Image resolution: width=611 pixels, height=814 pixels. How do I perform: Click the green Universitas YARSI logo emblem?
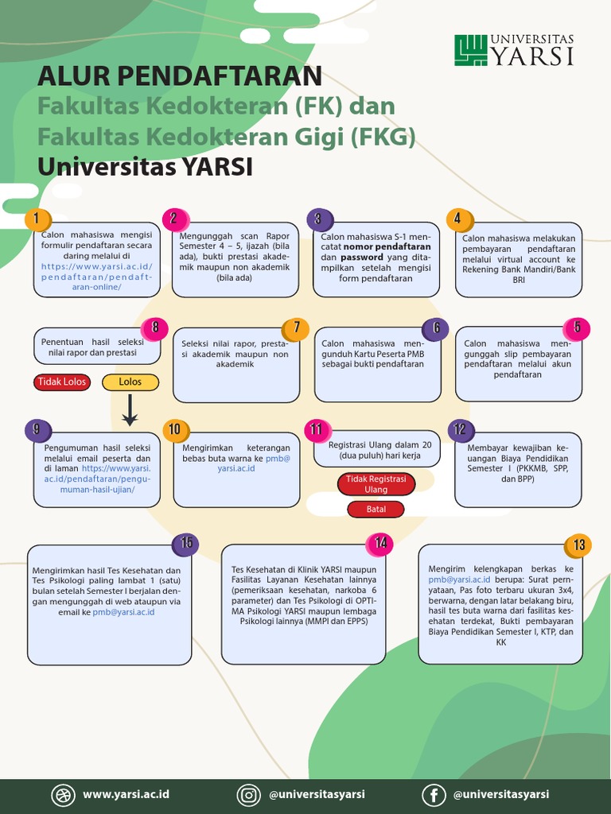point(471,50)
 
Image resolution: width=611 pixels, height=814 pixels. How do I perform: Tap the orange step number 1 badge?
point(37,219)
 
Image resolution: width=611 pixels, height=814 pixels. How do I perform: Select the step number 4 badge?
point(457,219)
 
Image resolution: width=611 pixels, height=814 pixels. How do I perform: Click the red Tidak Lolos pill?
point(63,382)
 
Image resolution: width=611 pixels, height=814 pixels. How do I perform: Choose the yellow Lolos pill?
point(130,382)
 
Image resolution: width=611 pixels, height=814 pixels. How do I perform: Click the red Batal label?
point(376,509)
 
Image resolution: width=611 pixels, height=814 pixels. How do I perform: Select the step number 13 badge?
point(578,545)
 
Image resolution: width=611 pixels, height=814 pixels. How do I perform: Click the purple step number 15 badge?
point(186,543)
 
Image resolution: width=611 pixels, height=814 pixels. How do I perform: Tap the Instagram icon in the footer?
point(249,794)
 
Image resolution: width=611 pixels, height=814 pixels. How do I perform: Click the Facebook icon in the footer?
point(434,794)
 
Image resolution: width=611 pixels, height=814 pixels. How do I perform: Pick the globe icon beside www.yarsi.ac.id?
point(62,794)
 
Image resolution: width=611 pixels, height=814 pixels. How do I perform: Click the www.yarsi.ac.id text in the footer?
point(126,794)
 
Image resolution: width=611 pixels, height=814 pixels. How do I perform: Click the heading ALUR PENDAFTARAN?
point(180,76)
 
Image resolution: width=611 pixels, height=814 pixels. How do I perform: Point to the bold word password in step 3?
point(362,258)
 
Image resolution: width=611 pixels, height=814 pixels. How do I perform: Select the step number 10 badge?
point(175,430)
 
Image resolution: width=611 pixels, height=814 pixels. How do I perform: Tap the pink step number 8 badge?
point(154,326)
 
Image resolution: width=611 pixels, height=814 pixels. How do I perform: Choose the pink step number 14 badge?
point(380,543)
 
